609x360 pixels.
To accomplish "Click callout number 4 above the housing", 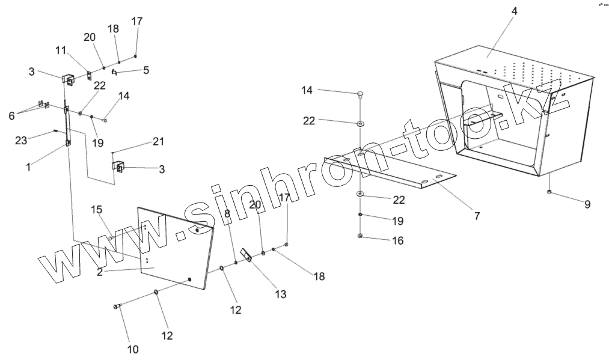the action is [x=515, y=11].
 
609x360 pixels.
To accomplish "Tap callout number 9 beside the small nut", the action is [x=587, y=204].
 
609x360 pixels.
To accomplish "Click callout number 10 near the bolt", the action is [x=133, y=349].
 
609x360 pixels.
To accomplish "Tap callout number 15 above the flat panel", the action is [x=97, y=210].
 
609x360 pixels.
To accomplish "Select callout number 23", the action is [x=22, y=140].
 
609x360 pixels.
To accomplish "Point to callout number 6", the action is [x=11, y=116].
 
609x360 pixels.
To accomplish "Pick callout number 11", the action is [x=60, y=51].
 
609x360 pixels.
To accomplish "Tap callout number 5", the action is [x=146, y=70].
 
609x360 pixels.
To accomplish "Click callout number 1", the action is [x=28, y=166].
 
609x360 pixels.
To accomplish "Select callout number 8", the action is [x=227, y=213].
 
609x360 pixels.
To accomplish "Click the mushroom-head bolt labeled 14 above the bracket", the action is [x=359, y=94].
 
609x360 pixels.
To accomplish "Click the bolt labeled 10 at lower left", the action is [x=116, y=307].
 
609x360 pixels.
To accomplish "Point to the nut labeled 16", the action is [x=360, y=236].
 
